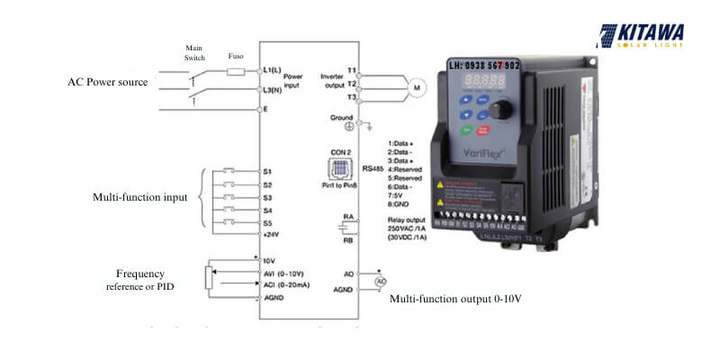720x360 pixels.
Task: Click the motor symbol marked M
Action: tap(415, 86)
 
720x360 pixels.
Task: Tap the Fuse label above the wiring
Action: tap(236, 55)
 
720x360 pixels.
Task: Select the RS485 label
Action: tap(373, 167)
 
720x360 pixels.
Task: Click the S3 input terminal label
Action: tap(267, 197)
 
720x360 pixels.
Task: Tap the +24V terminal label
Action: tap(271, 234)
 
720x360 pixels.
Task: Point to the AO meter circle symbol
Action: tap(381, 282)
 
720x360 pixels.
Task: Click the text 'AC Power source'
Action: tap(108, 82)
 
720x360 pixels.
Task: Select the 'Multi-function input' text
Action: tap(140, 197)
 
